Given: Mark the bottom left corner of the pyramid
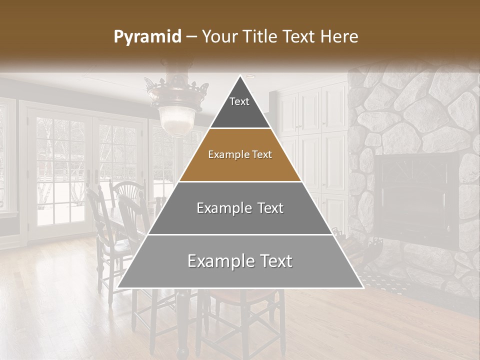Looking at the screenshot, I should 118,287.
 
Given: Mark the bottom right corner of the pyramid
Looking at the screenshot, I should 362,287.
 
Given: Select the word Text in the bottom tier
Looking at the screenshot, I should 273,261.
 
